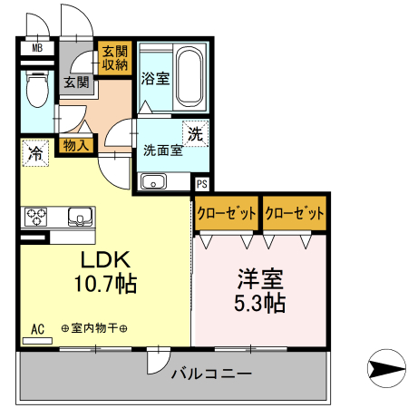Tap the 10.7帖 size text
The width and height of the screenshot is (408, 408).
tap(104, 285)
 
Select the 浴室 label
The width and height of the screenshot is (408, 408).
tap(153, 80)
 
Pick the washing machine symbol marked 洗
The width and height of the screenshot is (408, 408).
tap(195, 133)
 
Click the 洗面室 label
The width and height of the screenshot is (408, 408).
tap(163, 151)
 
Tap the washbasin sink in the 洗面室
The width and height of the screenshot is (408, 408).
tap(155, 182)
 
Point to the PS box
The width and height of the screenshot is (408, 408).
tap(201, 181)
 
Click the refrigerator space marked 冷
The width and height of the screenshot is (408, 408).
tap(35, 152)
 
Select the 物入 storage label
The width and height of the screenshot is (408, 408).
tap(76, 143)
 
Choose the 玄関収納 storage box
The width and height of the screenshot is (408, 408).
tap(114, 57)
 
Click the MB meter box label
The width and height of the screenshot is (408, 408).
tap(37, 48)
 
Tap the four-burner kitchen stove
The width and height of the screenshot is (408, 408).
tap(37, 217)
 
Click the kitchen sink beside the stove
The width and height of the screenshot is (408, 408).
tap(79, 218)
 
